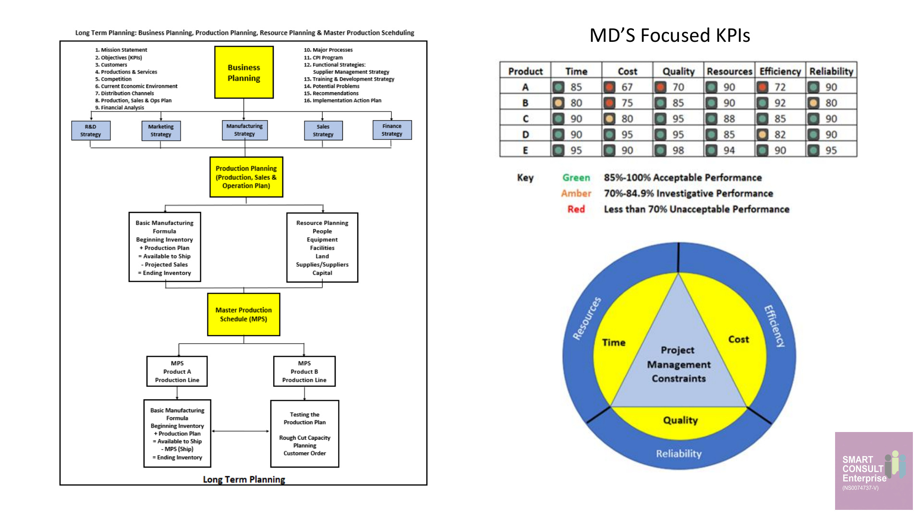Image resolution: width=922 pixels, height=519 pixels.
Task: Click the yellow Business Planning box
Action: pos(244,73)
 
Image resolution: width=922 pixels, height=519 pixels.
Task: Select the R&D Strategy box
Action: pos(91,130)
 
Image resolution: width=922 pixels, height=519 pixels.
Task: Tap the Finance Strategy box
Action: pos(392,130)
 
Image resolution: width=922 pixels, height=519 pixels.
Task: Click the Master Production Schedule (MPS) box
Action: pos(243,314)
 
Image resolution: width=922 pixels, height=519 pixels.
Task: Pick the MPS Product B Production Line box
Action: pos(304,371)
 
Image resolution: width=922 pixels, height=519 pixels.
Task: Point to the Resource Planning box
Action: pos(322,247)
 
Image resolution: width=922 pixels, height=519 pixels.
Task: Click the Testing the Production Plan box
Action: pos(305,433)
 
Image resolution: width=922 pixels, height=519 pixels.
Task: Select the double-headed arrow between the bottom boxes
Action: pos(241,431)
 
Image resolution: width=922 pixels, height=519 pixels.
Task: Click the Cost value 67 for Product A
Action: pos(627,87)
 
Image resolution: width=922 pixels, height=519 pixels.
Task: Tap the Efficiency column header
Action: pos(780,71)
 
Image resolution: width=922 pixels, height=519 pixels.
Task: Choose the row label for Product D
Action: pos(525,135)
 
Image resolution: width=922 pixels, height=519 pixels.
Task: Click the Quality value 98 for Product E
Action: pos(678,150)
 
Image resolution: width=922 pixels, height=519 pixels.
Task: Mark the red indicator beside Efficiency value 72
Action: pos(762,87)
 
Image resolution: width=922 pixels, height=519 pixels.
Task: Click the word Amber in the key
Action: pos(576,193)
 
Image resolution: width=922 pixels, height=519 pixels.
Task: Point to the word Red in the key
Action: pos(576,209)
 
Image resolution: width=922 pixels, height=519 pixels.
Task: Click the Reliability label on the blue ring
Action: pos(679,454)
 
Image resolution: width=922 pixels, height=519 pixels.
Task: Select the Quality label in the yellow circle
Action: pos(680,420)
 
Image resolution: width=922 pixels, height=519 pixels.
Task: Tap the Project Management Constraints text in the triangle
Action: pos(678,364)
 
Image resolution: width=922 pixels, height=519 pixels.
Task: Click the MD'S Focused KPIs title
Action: pos(669,35)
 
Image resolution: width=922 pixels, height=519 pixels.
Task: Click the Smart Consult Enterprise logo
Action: pos(873,470)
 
